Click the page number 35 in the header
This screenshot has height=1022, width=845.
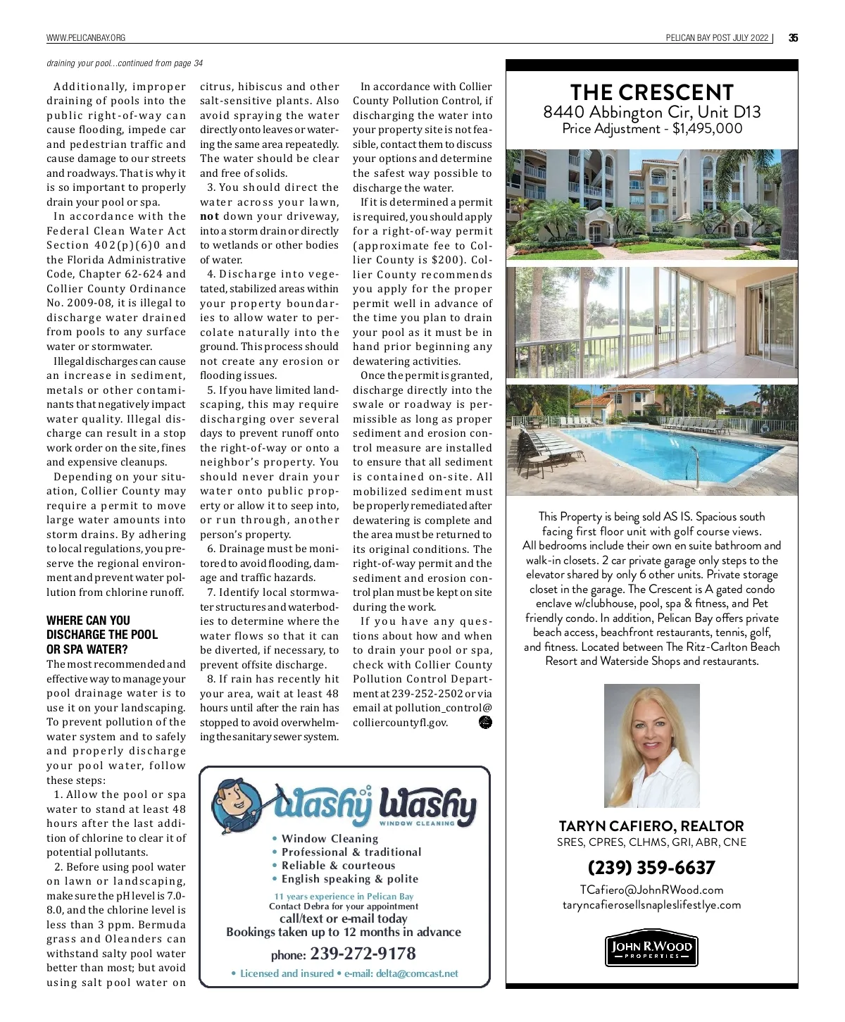[x=793, y=38]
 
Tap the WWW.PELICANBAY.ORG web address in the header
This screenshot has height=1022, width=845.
[x=86, y=38]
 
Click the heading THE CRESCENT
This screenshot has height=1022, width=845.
[x=651, y=92]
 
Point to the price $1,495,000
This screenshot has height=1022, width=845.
[x=707, y=128]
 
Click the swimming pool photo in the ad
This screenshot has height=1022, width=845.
[x=651, y=440]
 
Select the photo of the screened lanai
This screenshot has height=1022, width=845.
[x=651, y=323]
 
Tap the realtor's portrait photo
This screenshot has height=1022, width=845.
[x=651, y=745]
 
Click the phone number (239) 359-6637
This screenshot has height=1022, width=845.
[x=651, y=867]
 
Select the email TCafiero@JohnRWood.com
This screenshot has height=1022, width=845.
[x=651, y=890]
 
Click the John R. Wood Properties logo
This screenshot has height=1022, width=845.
[x=651, y=950]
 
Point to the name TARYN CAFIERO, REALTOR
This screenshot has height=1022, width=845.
[x=651, y=825]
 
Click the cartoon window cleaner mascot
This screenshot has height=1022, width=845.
[x=239, y=803]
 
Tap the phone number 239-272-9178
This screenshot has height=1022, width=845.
[x=363, y=954]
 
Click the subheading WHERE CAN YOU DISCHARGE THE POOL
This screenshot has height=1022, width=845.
[x=102, y=635]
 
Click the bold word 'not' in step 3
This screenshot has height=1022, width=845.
[x=209, y=217]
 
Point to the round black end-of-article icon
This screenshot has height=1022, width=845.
[x=485, y=722]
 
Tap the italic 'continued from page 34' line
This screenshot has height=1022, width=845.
[x=125, y=63]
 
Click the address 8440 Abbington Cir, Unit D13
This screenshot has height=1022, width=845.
[x=651, y=112]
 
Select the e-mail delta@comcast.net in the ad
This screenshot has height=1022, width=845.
[x=417, y=973]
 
